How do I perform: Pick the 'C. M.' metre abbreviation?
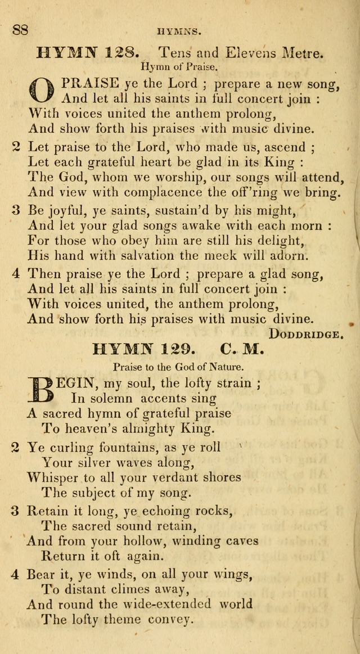242,350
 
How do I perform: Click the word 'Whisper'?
53,477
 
